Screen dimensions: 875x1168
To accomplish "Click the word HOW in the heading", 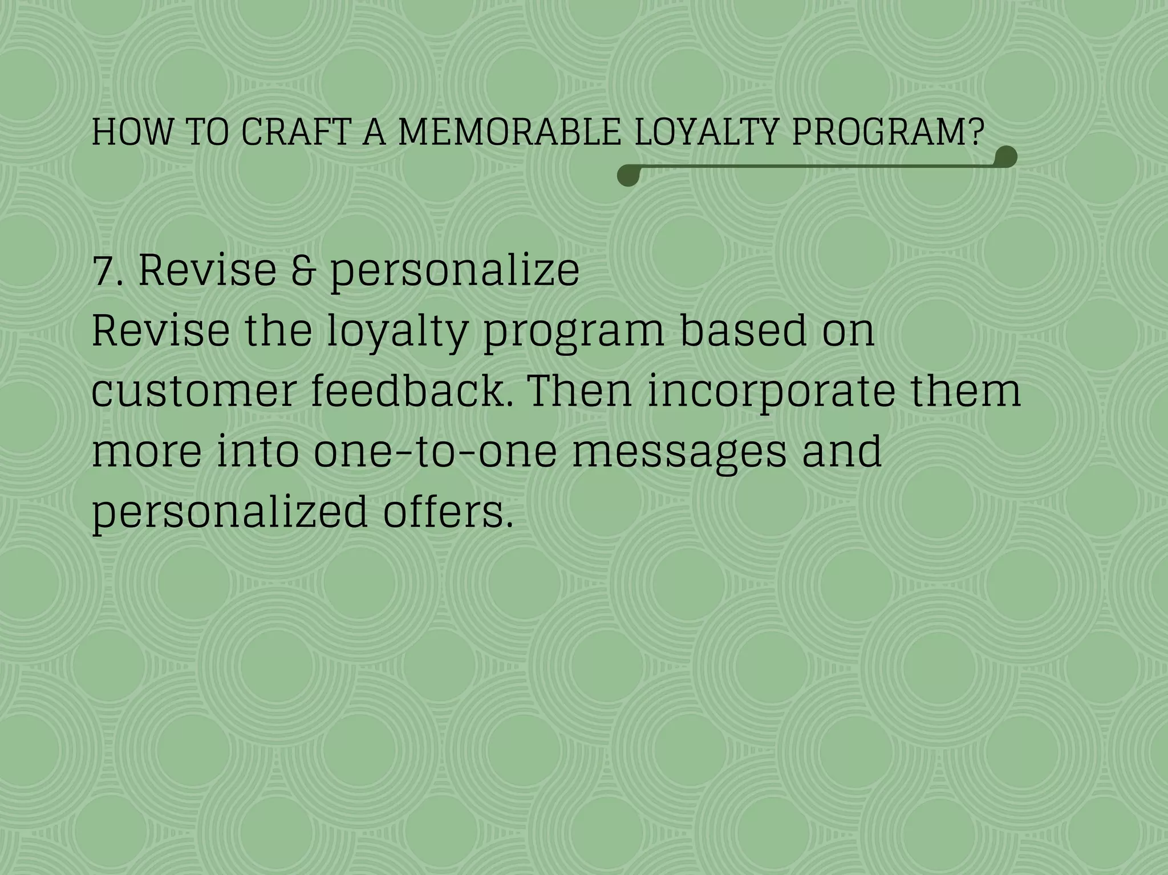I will click(x=132, y=132).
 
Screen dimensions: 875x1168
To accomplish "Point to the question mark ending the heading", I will click(x=976, y=132).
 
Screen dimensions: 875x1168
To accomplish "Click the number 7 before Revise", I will click(x=103, y=271).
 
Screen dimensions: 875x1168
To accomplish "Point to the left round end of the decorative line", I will click(x=628, y=176).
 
